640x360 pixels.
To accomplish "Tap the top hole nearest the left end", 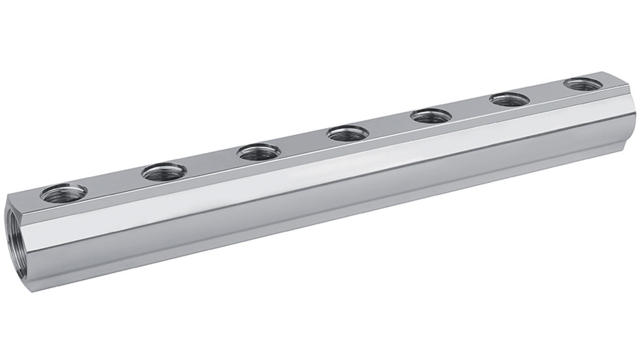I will (63, 193).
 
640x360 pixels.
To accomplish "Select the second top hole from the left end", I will (164, 171).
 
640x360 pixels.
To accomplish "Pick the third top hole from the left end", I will (259, 151).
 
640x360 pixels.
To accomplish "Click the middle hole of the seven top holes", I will (347, 132).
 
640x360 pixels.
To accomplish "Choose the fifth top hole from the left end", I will (431, 116).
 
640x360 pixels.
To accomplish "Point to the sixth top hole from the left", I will (509, 99).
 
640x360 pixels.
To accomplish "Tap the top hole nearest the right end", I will (582, 84).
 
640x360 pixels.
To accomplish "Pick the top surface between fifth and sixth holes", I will (471, 107).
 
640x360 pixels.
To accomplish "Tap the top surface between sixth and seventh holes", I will (546, 92).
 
